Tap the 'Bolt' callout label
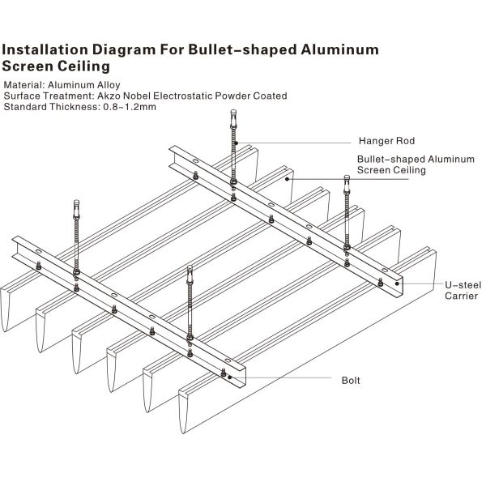click(350, 380)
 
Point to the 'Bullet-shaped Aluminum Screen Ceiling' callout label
click(416, 164)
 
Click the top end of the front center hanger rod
click(190, 270)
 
